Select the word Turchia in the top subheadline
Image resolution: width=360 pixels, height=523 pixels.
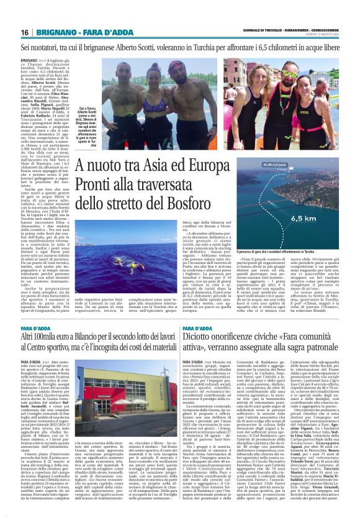pos(204,47)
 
